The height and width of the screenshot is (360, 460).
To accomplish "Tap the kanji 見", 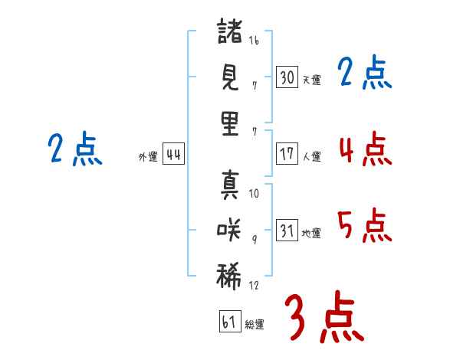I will click(x=230, y=77).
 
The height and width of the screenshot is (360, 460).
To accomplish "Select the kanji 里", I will click(x=230, y=123).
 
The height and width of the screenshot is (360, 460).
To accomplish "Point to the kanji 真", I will click(x=230, y=184).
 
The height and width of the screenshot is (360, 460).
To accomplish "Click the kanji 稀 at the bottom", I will click(x=230, y=275).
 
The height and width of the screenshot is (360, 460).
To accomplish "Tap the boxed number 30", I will click(x=287, y=77).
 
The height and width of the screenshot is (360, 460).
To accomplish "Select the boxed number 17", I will click(x=287, y=153).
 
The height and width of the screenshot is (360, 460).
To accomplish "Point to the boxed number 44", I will click(x=173, y=155).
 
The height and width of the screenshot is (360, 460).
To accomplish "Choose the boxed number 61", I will click(x=228, y=322).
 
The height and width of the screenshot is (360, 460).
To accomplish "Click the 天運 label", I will click(x=311, y=80).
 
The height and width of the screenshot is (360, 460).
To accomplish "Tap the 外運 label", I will click(x=148, y=157).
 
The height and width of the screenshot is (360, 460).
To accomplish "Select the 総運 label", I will click(x=255, y=325).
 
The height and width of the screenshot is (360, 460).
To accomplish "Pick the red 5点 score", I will click(x=365, y=225).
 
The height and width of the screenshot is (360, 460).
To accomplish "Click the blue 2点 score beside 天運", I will click(x=365, y=73).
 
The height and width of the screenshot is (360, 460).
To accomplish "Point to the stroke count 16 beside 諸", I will click(x=254, y=41).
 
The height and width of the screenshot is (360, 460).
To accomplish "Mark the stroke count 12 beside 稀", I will click(x=254, y=285).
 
